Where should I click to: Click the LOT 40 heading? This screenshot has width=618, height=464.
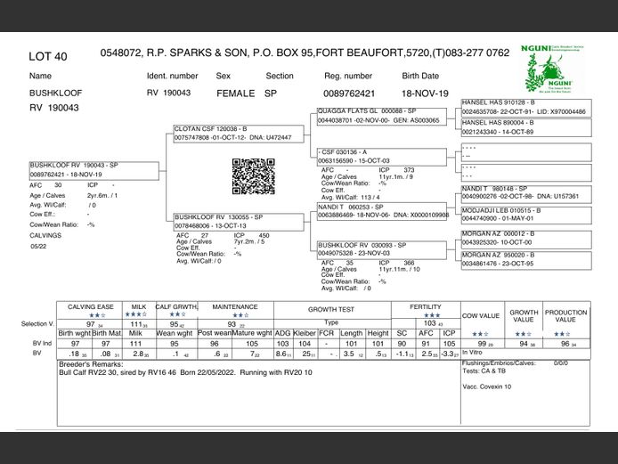48,56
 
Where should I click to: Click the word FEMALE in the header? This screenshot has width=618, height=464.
235,93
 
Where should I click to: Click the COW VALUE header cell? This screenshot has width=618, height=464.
482,316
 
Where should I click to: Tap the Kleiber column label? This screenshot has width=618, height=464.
305,333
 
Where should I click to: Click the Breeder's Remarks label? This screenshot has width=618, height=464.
87,364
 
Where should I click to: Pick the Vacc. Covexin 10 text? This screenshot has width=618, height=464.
487,387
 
